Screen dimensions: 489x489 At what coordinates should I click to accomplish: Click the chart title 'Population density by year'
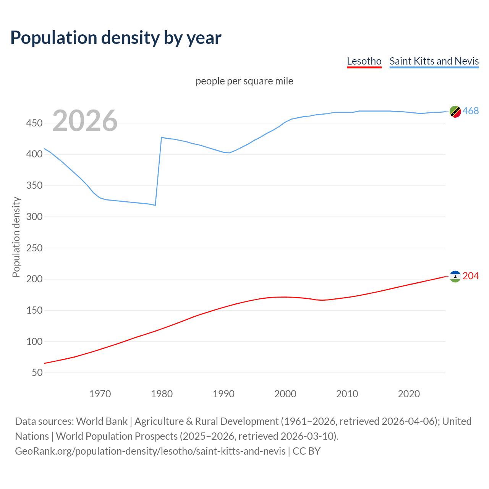pos(116,37)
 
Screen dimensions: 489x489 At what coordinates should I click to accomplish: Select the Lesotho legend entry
pos(364,61)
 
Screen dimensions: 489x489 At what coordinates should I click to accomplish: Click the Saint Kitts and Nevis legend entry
pos(434,61)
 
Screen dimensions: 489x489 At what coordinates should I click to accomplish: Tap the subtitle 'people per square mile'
pos(244,81)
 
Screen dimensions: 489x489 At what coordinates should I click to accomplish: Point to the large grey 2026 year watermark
pos(85,121)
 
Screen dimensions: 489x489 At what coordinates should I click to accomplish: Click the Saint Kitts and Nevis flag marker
pos(455,112)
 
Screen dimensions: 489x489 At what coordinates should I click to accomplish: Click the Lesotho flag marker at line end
pos(455,276)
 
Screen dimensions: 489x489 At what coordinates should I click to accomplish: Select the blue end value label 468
pos(471,111)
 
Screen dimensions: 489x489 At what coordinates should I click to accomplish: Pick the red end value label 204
pos(471,276)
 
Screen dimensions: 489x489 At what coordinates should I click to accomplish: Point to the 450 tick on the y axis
pos(34,123)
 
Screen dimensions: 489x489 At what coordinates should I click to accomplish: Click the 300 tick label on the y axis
pos(34,217)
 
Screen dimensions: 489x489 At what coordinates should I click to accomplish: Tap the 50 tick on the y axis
pos(37,372)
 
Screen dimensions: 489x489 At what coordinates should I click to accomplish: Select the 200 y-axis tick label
pos(34,279)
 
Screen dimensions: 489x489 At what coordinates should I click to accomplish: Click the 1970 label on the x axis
pos(100,394)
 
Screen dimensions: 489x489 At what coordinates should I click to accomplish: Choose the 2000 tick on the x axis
pos(285,394)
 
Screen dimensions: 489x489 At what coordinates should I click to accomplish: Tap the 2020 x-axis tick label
pos(409,394)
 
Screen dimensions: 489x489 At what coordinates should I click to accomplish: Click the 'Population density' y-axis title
pos(16,237)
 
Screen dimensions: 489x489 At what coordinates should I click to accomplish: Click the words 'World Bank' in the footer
pos(102,421)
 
